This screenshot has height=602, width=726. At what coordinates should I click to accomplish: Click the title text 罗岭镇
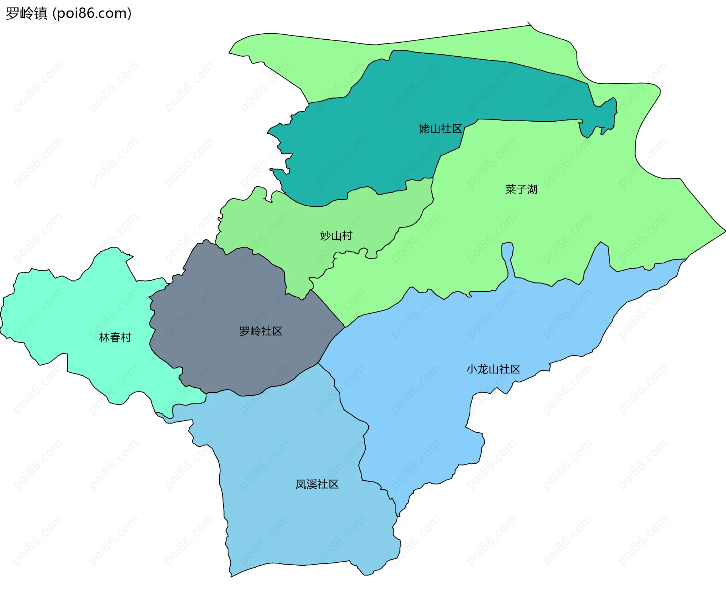(x=26, y=13)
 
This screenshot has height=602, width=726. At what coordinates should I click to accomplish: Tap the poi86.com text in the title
(x=92, y=13)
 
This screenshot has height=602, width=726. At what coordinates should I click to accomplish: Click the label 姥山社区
(x=441, y=129)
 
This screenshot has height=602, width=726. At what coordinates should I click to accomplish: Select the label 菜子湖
(x=521, y=189)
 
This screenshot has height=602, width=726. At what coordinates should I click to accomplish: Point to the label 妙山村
(x=336, y=236)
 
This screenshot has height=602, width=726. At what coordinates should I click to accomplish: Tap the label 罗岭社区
(x=261, y=331)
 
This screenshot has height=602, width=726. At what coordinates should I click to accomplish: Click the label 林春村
(x=115, y=337)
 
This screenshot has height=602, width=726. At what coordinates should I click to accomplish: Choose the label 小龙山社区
(x=493, y=369)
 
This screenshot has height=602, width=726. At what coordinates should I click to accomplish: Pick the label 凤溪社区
(x=317, y=484)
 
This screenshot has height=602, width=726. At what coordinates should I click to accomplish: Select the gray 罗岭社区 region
(x=227, y=302)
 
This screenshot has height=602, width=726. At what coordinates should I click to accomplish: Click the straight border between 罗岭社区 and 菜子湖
(x=327, y=308)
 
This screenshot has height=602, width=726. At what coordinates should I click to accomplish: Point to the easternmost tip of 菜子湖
(x=725, y=230)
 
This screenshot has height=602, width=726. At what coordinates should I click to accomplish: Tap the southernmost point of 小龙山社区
(x=398, y=516)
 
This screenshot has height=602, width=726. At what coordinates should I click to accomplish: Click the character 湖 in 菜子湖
(x=532, y=189)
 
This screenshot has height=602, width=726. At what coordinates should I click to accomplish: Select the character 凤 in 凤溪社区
(x=301, y=484)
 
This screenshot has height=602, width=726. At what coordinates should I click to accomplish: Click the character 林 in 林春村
(x=104, y=337)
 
